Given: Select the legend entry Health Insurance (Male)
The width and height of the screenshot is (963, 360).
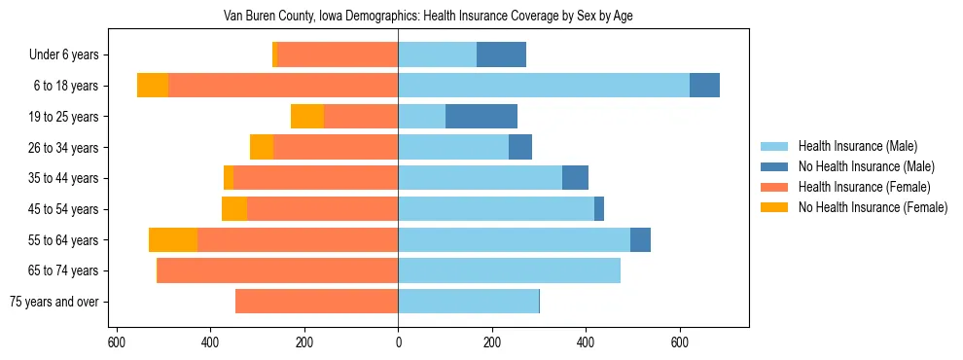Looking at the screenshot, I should (857, 146).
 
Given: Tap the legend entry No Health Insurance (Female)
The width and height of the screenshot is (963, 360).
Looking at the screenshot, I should (872, 207).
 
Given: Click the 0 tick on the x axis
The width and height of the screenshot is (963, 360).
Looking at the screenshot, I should (398, 343).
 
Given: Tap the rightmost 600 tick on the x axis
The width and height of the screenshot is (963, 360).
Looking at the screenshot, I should (680, 343).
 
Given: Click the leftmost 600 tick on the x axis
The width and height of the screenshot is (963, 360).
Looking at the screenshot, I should (117, 343).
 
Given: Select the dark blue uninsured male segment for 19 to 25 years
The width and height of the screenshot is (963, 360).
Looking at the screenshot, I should (481, 117).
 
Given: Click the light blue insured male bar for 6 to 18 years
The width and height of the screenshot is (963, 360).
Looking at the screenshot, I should (544, 86).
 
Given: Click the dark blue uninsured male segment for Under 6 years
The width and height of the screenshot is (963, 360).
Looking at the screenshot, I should (501, 55).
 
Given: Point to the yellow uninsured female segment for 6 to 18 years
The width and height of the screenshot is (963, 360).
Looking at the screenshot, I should (153, 86).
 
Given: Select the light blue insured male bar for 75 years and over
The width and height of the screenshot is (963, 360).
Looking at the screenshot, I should (468, 302).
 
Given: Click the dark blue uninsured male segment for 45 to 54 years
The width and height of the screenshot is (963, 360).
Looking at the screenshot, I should (599, 209).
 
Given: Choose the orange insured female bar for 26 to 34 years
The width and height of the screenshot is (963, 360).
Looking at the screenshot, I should (336, 147).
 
